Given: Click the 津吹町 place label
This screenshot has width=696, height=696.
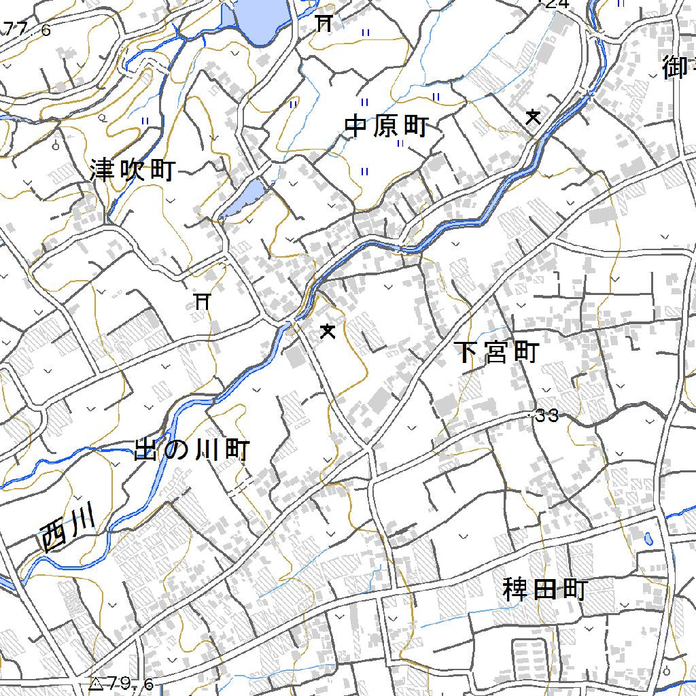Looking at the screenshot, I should click(133, 170).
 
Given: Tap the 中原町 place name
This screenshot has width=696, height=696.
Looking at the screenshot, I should click(386, 126).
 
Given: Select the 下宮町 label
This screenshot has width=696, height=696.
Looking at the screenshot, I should click(497, 352).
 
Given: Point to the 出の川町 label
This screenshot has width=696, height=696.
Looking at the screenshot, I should click(192, 450).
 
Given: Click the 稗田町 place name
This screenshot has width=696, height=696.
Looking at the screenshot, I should click(544, 589).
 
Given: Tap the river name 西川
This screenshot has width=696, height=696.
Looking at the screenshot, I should click(67, 530).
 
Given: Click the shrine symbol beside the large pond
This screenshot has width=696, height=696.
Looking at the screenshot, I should click(324, 24).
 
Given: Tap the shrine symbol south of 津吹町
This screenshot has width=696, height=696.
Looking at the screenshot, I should click(201, 300).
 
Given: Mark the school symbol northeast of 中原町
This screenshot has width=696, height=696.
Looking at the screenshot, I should click(534, 118).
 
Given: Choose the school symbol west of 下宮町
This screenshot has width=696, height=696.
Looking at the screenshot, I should click(328, 332).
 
